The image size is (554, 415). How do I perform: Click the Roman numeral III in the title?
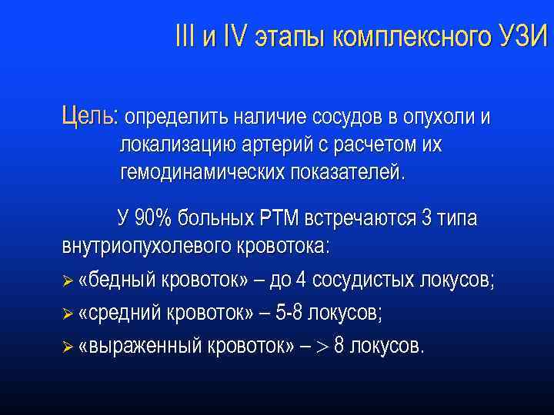pyautogui.click(x=185, y=36)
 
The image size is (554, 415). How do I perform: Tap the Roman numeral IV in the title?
pyautogui.click(x=232, y=36)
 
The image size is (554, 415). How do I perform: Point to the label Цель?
pyautogui.click(x=89, y=117)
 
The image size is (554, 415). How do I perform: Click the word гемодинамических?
pyautogui.click(x=203, y=171)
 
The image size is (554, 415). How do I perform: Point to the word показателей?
pyautogui.click(x=347, y=171)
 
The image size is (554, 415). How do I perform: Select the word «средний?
pyautogui.click(x=116, y=313)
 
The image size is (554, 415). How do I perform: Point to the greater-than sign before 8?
pyautogui.click(x=322, y=346)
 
